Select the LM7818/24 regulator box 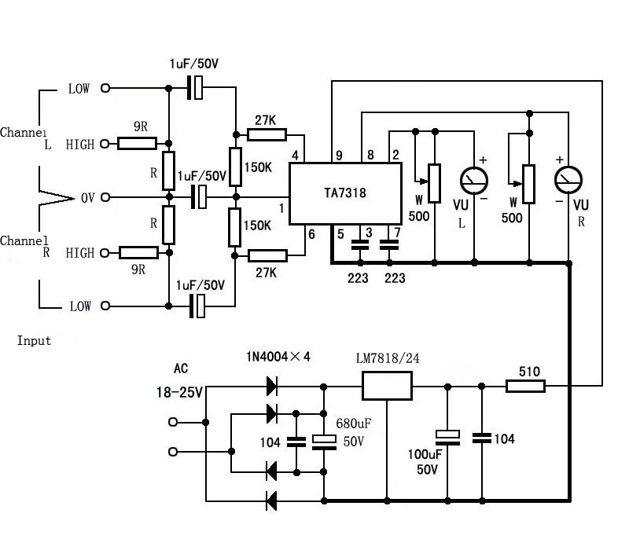pyautogui.click(x=387, y=385)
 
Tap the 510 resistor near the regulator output pyautogui.click(x=524, y=386)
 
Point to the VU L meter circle pyautogui.click(x=474, y=181)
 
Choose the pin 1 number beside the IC pyautogui.click(x=281, y=207)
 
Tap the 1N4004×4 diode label pyautogui.click(x=279, y=357)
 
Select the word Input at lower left pyautogui.click(x=34, y=340)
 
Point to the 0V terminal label pyautogui.click(x=86, y=197)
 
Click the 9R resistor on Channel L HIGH pyautogui.click(x=139, y=143)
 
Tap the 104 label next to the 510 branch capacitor pyautogui.click(x=503, y=438)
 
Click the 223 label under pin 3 pyautogui.click(x=359, y=277)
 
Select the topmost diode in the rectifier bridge pyautogui.click(x=272, y=386)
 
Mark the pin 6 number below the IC pyautogui.click(x=311, y=233)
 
